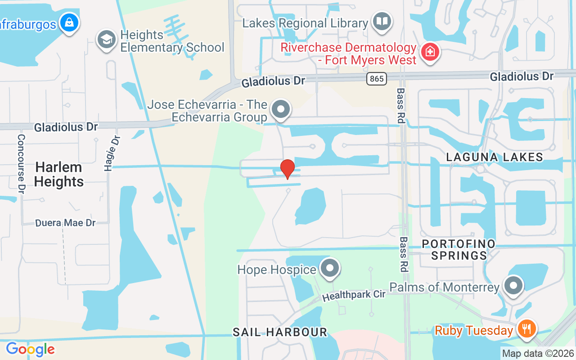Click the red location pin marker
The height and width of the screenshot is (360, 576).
287,169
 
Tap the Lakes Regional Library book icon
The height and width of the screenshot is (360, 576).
382,21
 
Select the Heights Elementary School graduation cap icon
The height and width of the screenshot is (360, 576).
107,39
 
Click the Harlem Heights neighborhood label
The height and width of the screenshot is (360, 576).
58,175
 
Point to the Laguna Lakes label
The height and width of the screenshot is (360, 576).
495,157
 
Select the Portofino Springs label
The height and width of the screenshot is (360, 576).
459,250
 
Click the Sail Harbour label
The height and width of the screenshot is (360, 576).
279,333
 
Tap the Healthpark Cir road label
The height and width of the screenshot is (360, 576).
354,296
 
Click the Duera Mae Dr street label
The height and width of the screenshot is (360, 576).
66,223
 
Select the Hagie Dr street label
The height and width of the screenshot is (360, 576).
112,153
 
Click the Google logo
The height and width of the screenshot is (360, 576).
30,349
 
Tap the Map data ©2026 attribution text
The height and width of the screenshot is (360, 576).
538,354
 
